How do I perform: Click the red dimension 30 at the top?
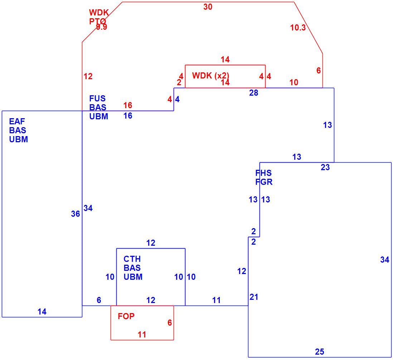(x=208, y=7)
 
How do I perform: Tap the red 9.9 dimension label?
(x=102, y=27)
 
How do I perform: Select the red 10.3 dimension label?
(x=298, y=27)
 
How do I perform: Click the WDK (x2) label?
(x=210, y=76)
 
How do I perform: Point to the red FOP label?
(x=126, y=316)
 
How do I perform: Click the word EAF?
(x=17, y=121)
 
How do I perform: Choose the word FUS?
(x=97, y=99)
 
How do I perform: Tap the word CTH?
(x=132, y=259)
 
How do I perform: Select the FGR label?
(x=264, y=182)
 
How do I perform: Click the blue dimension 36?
(x=76, y=214)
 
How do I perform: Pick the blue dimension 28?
(x=254, y=93)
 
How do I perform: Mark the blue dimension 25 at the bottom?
(x=320, y=352)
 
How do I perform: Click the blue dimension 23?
(x=325, y=167)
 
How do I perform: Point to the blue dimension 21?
(x=254, y=297)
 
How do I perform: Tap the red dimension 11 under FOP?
(x=142, y=335)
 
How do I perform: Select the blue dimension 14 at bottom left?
(x=42, y=312)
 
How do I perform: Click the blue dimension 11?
(x=216, y=300)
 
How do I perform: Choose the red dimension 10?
(x=294, y=82)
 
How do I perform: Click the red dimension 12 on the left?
(x=88, y=76)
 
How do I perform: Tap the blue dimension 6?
(x=99, y=300)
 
